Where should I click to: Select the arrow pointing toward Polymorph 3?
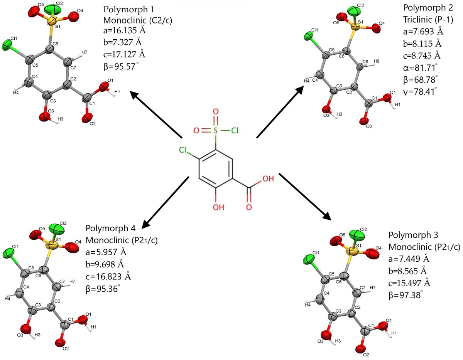(304, 197)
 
